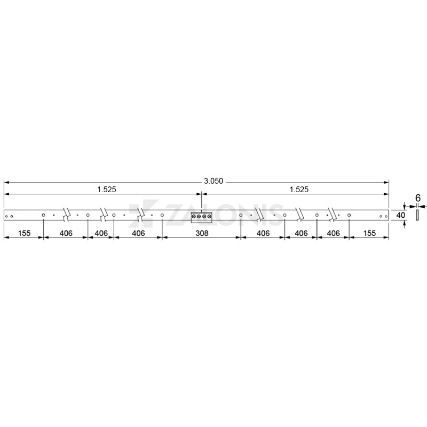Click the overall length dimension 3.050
coord(213,181)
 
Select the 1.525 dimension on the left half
coord(106,189)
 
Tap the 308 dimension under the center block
coord(201,233)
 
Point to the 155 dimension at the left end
coord(23,233)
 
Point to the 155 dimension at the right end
coord(369,233)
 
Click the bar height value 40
coord(398,215)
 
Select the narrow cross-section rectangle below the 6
coord(418,215)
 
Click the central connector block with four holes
coord(201,216)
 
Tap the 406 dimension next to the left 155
coord(65,233)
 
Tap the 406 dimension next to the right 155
coord(333,233)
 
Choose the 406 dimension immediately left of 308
coord(138,233)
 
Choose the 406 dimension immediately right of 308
coord(263,233)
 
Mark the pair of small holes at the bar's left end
coord(9,216)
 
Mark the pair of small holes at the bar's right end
coord(384,216)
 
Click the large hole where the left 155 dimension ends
coord(43,216)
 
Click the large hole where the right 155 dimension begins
coord(349,216)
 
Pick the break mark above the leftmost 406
coord(66,215)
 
